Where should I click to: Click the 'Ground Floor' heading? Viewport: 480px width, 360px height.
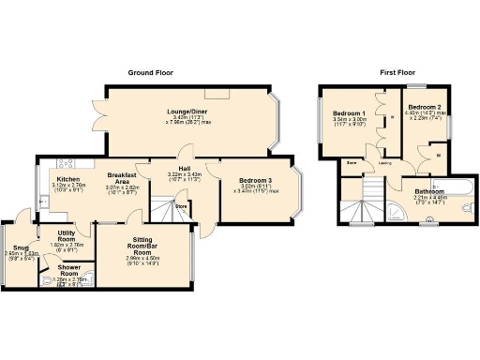coord(150,72)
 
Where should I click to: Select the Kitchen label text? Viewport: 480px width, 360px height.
coord(67,179)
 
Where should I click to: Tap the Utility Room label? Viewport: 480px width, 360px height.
coord(66,235)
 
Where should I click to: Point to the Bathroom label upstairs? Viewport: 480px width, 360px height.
coord(430,192)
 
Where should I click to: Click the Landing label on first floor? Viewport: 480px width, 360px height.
coord(384,162)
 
